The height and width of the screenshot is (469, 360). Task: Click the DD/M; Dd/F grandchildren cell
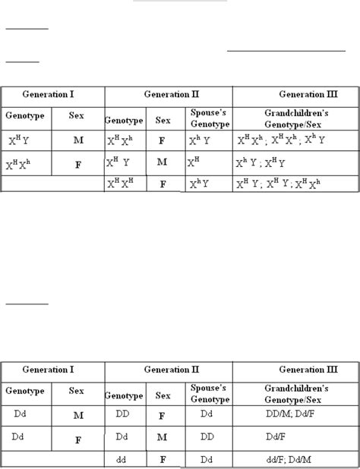[x=295, y=415]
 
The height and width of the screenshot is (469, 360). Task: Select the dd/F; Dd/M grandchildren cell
[x=295, y=459]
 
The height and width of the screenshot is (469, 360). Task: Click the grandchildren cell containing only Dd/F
[x=295, y=437]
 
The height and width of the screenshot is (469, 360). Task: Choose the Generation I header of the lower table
[x=53, y=370]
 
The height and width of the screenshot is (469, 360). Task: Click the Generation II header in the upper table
[x=168, y=95]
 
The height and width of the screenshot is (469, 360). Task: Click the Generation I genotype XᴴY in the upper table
[x=25, y=140]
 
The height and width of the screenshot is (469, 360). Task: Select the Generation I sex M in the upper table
[x=78, y=140]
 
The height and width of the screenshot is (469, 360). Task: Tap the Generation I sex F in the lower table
[x=78, y=439]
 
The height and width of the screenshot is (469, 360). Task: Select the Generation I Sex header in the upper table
[x=78, y=117]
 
